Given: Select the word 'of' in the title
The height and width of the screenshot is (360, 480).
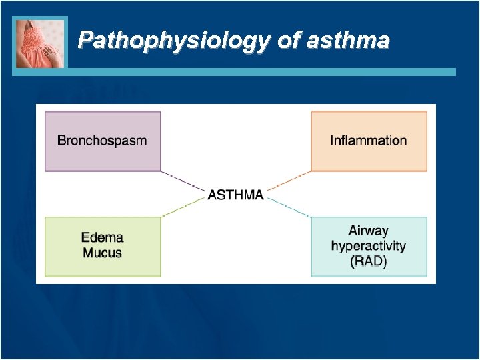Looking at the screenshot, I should tap(289, 41).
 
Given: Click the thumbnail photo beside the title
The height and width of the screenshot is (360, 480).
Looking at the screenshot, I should tap(41, 43).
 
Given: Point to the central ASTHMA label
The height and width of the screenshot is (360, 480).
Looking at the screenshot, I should tap(236, 195).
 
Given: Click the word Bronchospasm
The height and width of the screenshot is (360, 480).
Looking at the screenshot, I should tap(102, 141).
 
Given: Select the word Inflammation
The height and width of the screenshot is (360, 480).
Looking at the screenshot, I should tap(368, 141).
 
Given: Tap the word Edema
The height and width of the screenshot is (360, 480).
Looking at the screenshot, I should tap(102, 237).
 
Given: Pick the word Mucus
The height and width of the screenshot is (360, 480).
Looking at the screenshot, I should tap(102, 253).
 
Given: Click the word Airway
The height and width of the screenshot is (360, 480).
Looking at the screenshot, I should tap(368, 231).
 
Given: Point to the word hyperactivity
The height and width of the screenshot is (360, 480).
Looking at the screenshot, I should tap(368, 246).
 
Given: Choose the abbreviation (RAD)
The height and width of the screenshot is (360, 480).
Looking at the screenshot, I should tap(368, 261).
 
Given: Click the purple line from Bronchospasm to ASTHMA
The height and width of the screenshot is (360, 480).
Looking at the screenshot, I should tap(183, 181).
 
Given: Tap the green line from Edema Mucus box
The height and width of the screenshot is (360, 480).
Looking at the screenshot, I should tap(183, 208).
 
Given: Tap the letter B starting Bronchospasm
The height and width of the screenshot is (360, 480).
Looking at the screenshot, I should tap(62, 141).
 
